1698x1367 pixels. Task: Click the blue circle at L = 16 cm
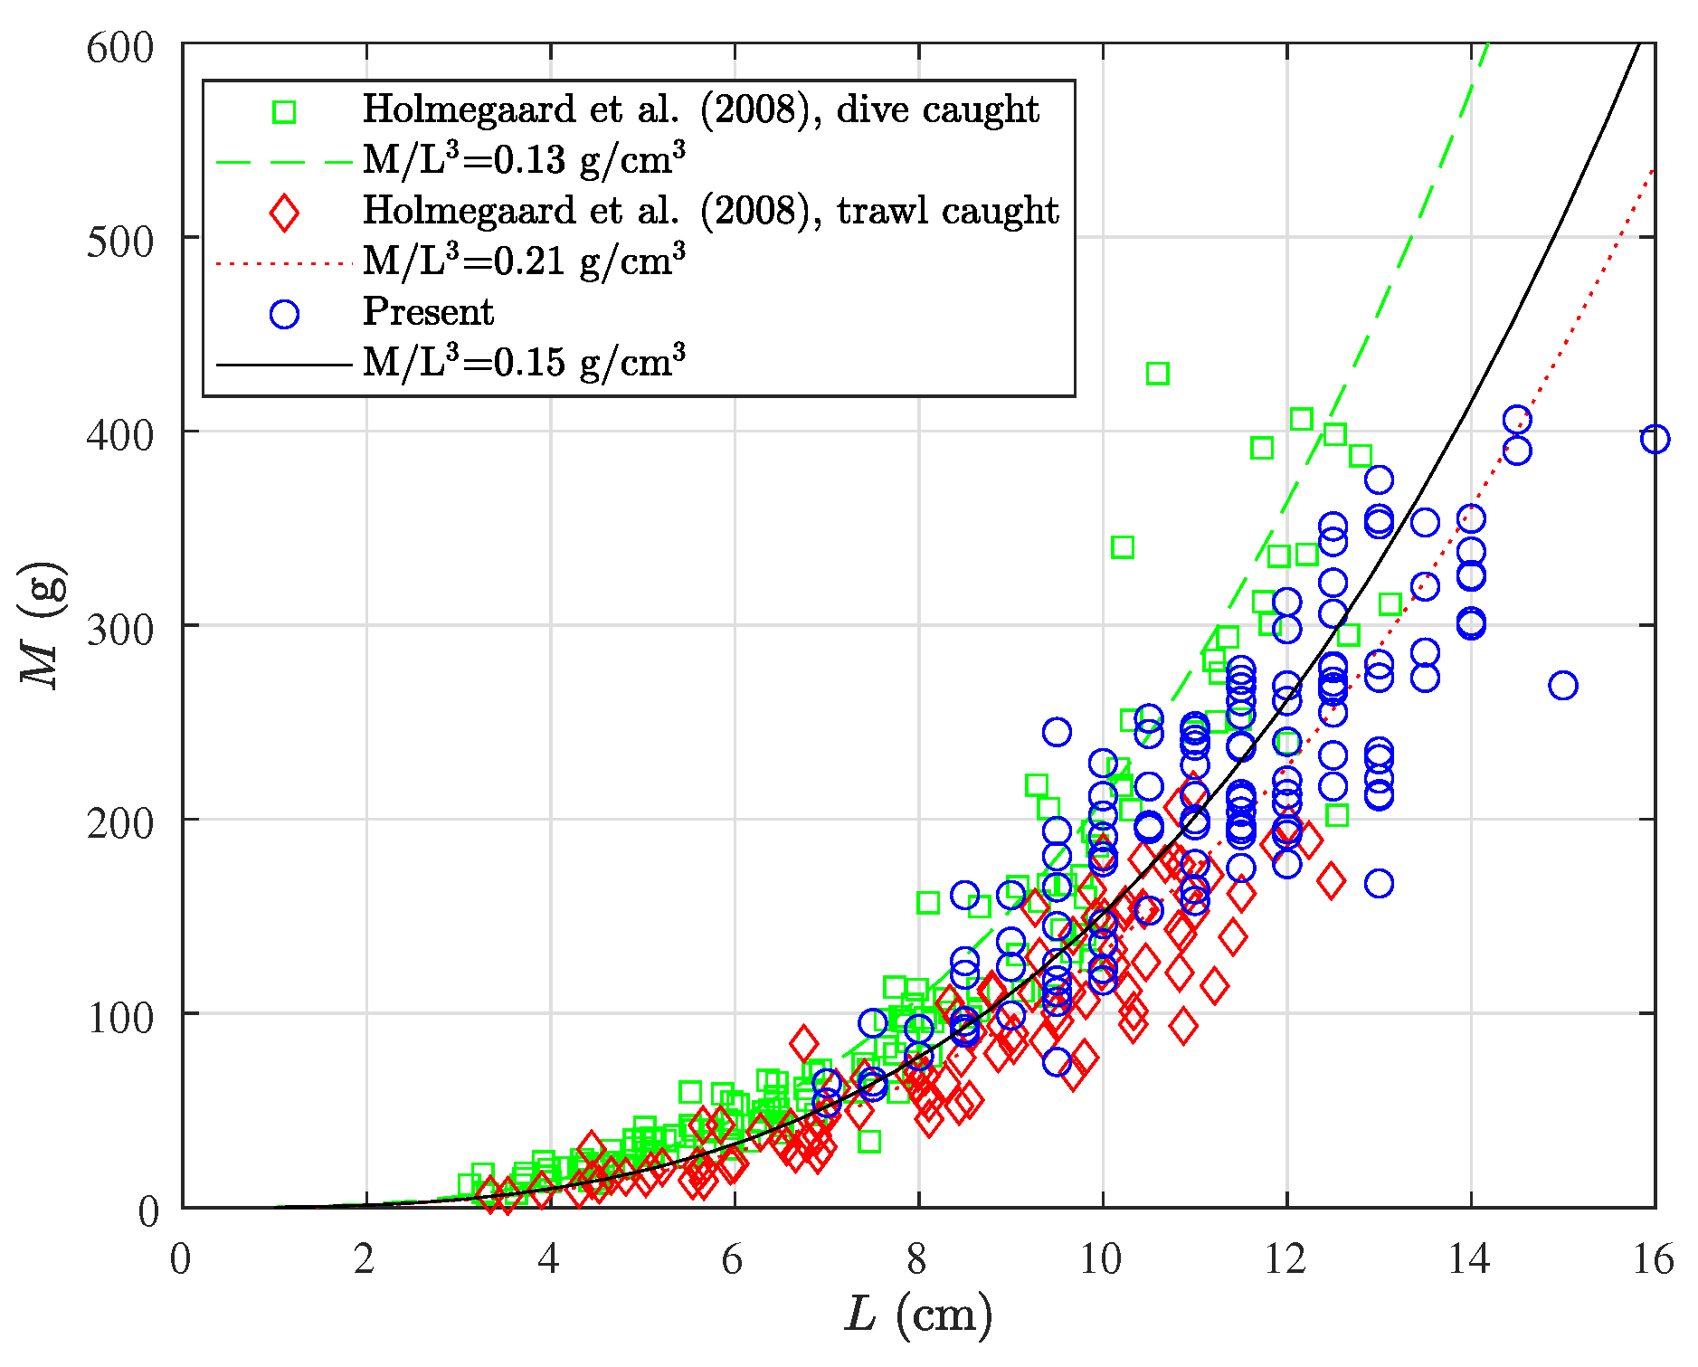click(1654, 440)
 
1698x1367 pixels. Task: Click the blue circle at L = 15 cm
click(1562, 686)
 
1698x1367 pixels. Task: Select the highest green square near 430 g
click(1157, 374)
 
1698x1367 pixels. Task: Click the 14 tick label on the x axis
click(1468, 1260)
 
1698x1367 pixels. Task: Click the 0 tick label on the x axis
click(180, 1260)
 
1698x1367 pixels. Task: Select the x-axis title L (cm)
click(918, 1315)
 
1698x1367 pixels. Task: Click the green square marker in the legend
click(284, 111)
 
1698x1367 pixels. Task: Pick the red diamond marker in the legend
click(284, 213)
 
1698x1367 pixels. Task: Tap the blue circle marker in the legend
click(284, 314)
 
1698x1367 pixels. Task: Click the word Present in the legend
click(428, 312)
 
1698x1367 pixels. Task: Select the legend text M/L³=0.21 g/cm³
click(524, 261)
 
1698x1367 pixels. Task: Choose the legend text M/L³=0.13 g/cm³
click(524, 160)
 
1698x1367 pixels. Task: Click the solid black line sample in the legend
click(283, 365)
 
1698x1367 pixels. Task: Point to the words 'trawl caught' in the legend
click(947, 211)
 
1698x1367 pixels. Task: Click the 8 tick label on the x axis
click(917, 1260)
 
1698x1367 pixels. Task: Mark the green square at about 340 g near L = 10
click(1122, 547)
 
